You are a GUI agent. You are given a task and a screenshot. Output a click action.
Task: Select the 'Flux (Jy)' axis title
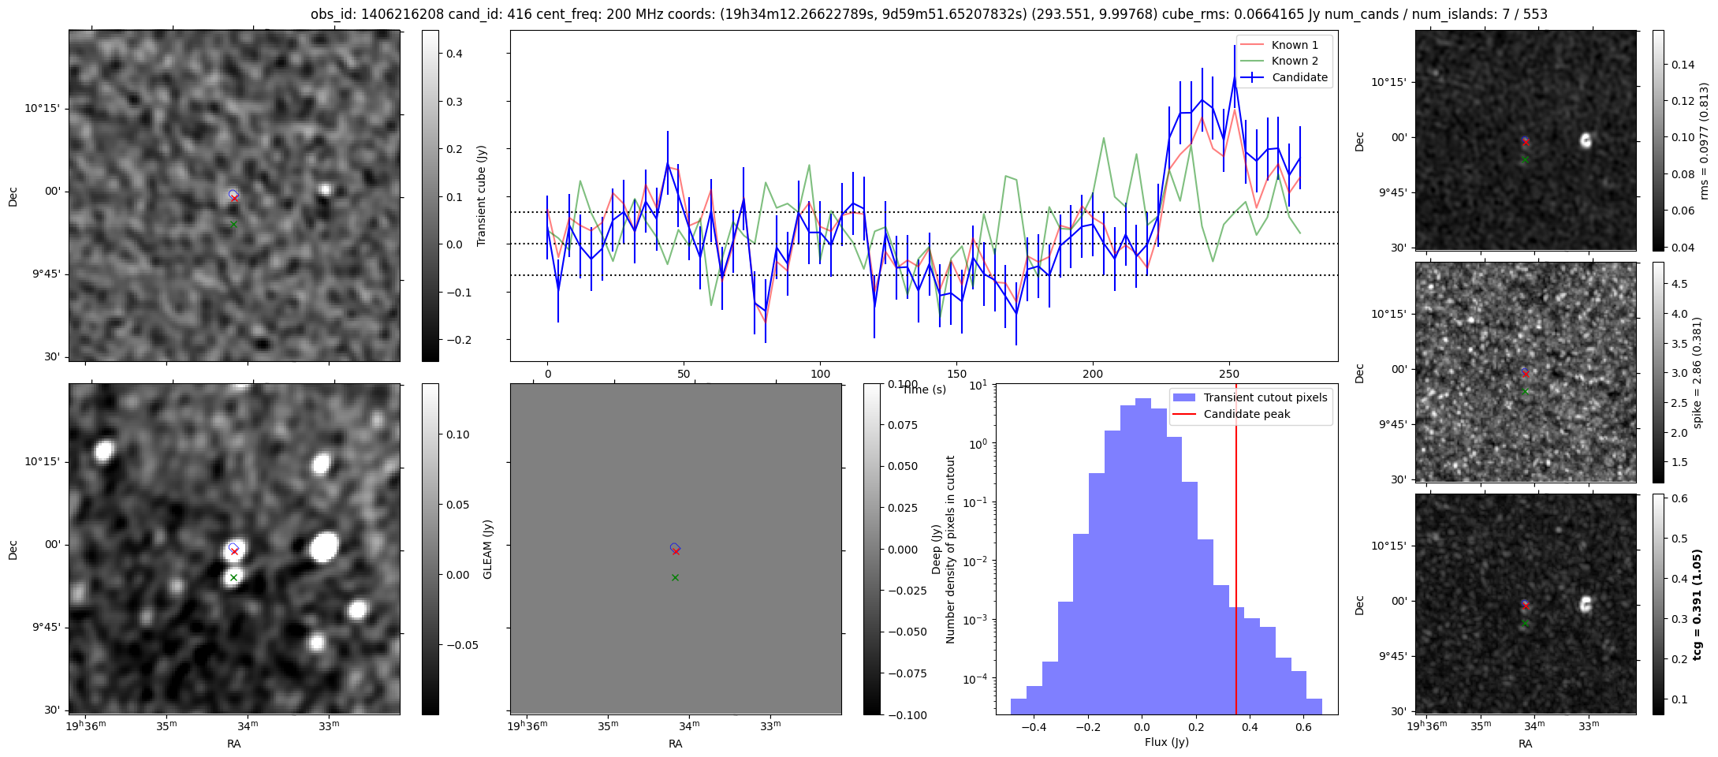(1167, 742)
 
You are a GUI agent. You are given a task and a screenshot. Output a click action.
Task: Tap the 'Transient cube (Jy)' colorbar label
(482, 196)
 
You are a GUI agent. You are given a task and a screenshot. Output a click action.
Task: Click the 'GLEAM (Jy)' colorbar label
(487, 549)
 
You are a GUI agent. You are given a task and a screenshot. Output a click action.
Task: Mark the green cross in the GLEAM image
(233, 578)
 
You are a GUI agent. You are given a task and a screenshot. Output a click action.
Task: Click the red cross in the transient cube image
(234, 198)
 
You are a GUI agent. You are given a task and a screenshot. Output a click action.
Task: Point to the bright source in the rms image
(1586, 140)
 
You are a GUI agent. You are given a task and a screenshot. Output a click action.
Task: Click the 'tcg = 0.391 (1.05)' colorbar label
(1697, 604)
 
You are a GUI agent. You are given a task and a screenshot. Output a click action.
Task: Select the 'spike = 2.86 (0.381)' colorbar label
(1697, 372)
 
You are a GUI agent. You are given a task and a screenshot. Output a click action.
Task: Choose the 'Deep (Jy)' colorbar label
(936, 549)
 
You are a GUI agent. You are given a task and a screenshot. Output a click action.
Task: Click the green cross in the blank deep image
(675, 578)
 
